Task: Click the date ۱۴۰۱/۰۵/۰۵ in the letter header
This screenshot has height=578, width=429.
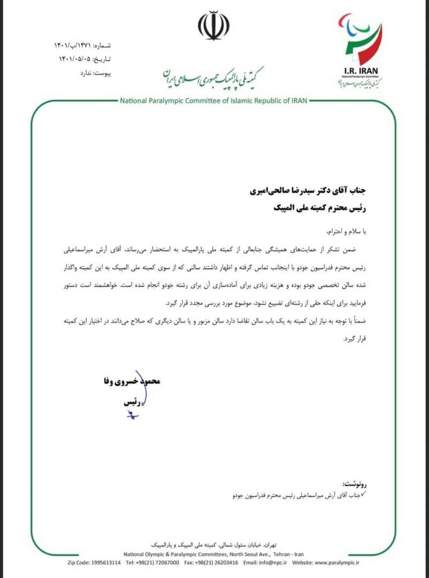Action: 75,59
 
